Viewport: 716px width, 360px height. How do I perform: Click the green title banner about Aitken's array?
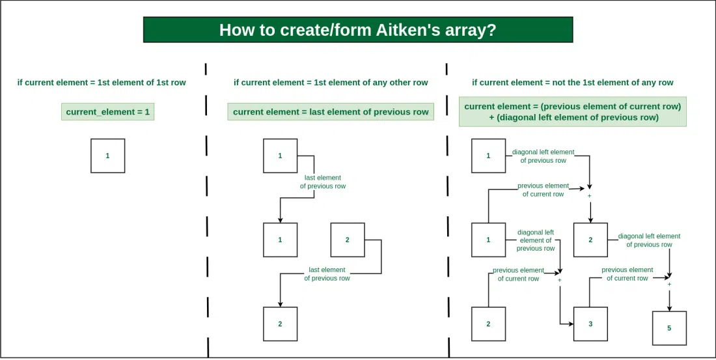tap(358, 30)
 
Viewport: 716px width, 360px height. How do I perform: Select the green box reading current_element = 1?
tap(108, 112)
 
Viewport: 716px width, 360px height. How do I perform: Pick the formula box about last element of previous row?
tap(331, 112)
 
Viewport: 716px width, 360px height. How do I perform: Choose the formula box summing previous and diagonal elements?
tap(573, 112)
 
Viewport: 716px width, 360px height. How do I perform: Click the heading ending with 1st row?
tap(102, 83)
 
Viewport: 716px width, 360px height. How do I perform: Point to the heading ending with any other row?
tap(331, 83)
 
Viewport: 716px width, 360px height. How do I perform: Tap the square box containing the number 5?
tap(669, 328)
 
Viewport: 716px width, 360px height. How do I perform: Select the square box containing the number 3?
tap(590, 324)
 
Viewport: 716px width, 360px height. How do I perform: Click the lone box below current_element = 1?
tap(108, 156)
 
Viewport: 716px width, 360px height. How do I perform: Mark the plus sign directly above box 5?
tap(669, 284)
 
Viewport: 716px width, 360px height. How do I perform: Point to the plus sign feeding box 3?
tap(559, 279)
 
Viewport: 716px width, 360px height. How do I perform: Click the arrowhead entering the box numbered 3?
tap(571, 324)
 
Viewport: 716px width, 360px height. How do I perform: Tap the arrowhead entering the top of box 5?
tap(669, 309)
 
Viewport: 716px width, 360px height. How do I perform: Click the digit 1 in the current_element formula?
tap(147, 112)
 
